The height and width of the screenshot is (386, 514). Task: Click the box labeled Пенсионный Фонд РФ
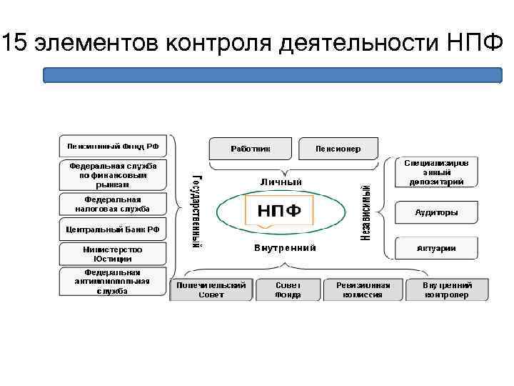[113, 147]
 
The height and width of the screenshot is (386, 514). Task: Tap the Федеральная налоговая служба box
[113, 204]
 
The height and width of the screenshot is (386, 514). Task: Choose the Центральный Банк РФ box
[113, 229]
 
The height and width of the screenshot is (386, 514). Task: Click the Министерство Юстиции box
[113, 254]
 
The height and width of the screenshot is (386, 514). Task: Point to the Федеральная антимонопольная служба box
[113, 282]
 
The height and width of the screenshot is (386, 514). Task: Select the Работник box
[250, 149]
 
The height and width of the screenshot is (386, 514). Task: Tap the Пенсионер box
[338, 149]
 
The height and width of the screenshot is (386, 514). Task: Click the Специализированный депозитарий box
[436, 172]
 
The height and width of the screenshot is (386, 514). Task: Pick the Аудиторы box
[436, 212]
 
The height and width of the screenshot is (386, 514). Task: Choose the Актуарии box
[436, 248]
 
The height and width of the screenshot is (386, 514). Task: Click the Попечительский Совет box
[211, 289]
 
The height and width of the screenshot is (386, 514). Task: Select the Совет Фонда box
[288, 289]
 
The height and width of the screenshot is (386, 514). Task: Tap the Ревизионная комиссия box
[363, 289]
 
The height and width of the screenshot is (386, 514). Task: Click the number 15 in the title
[15, 45]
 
